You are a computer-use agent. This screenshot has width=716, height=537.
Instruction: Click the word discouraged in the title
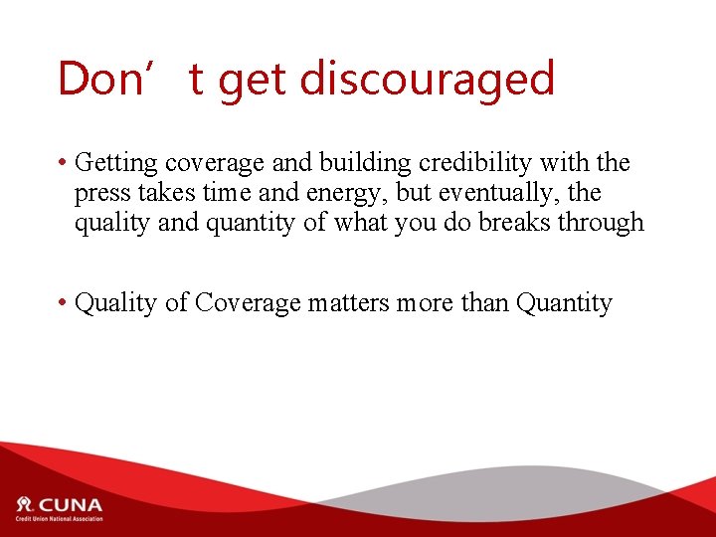tap(427, 80)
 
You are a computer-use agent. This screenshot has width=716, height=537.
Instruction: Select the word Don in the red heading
tap(99, 79)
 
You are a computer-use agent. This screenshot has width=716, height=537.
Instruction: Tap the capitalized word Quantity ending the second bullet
tap(564, 302)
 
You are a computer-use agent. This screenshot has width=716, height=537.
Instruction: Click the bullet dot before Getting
tap(63, 163)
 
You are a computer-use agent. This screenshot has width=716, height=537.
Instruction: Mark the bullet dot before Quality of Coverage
tap(63, 302)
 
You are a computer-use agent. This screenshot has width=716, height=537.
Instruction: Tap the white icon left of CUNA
tap(24, 503)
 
